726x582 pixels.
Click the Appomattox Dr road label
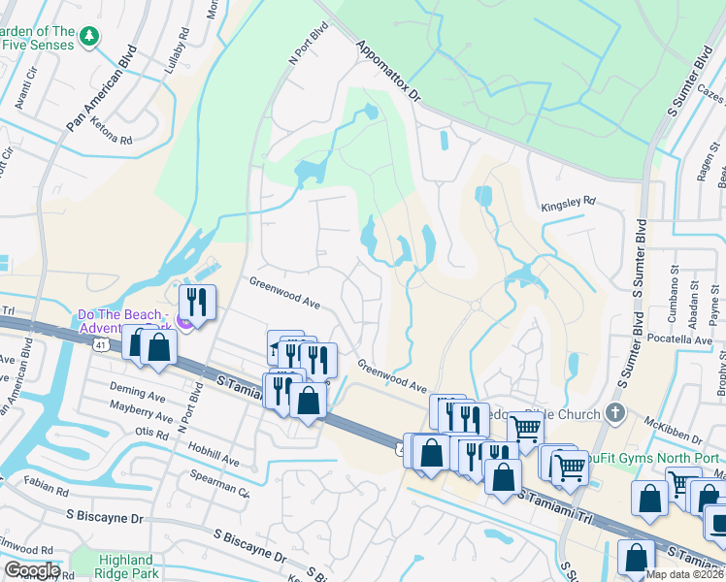pos(387,72)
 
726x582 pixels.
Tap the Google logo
pos(32,570)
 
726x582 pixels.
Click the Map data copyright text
pos(684,575)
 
